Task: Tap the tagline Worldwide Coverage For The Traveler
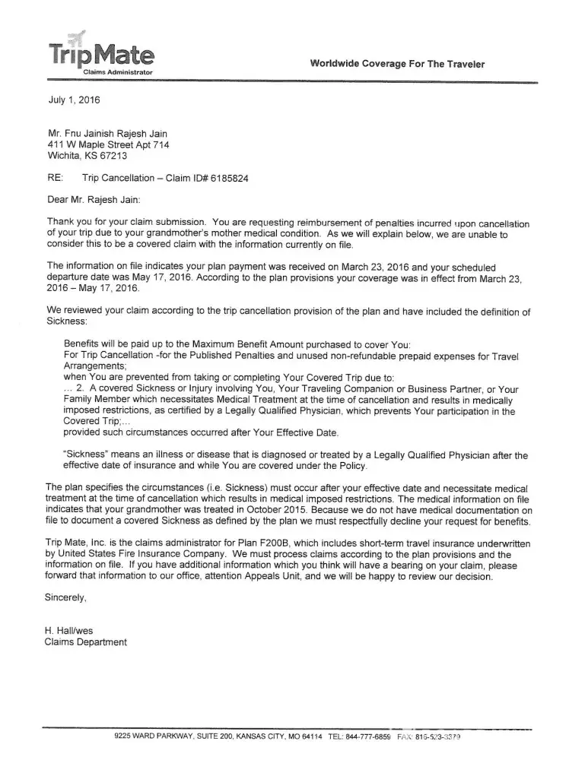(397, 65)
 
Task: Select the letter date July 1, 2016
(73, 100)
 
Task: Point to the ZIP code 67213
(116, 157)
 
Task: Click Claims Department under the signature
(87, 641)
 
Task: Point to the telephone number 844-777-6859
(370, 737)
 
